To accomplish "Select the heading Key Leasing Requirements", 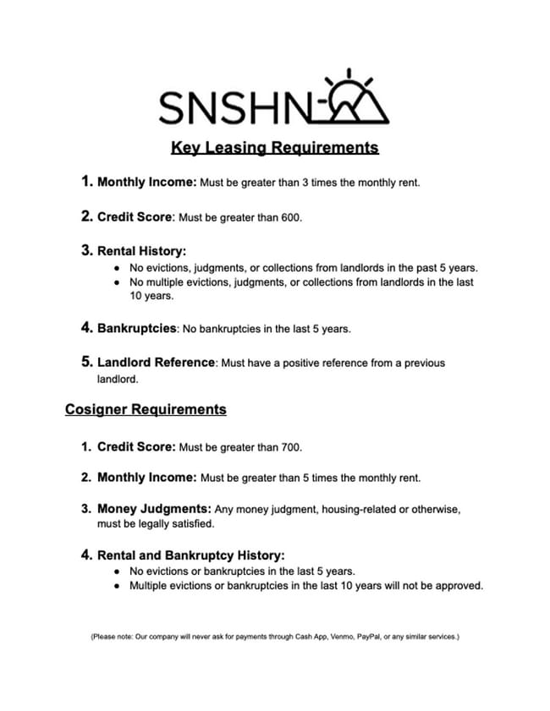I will pos(274,147).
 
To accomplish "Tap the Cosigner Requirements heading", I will pos(146,409).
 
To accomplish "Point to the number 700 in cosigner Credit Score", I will pos(290,447).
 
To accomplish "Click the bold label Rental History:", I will pos(141,250).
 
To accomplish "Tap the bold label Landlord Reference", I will pos(157,362).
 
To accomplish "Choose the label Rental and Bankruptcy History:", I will pos(191,555).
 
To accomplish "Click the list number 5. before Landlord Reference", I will pos(86,362).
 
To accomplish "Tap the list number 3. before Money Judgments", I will pos(86,509).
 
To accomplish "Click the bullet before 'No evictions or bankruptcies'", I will pos(116,572).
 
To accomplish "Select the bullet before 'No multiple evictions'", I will pos(116,282).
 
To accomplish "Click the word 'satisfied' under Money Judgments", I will pos(193,524).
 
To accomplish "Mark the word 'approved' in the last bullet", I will pos(459,586).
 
